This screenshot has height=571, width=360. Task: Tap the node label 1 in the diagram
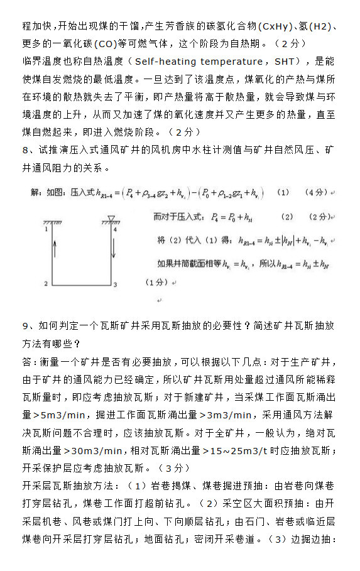tap(47, 230)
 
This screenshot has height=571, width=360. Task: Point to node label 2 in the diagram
tap(46, 284)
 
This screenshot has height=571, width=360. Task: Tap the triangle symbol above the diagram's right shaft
tap(111, 218)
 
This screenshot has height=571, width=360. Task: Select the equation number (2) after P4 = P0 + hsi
tap(287, 217)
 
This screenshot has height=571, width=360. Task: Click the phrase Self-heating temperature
tap(200, 61)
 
